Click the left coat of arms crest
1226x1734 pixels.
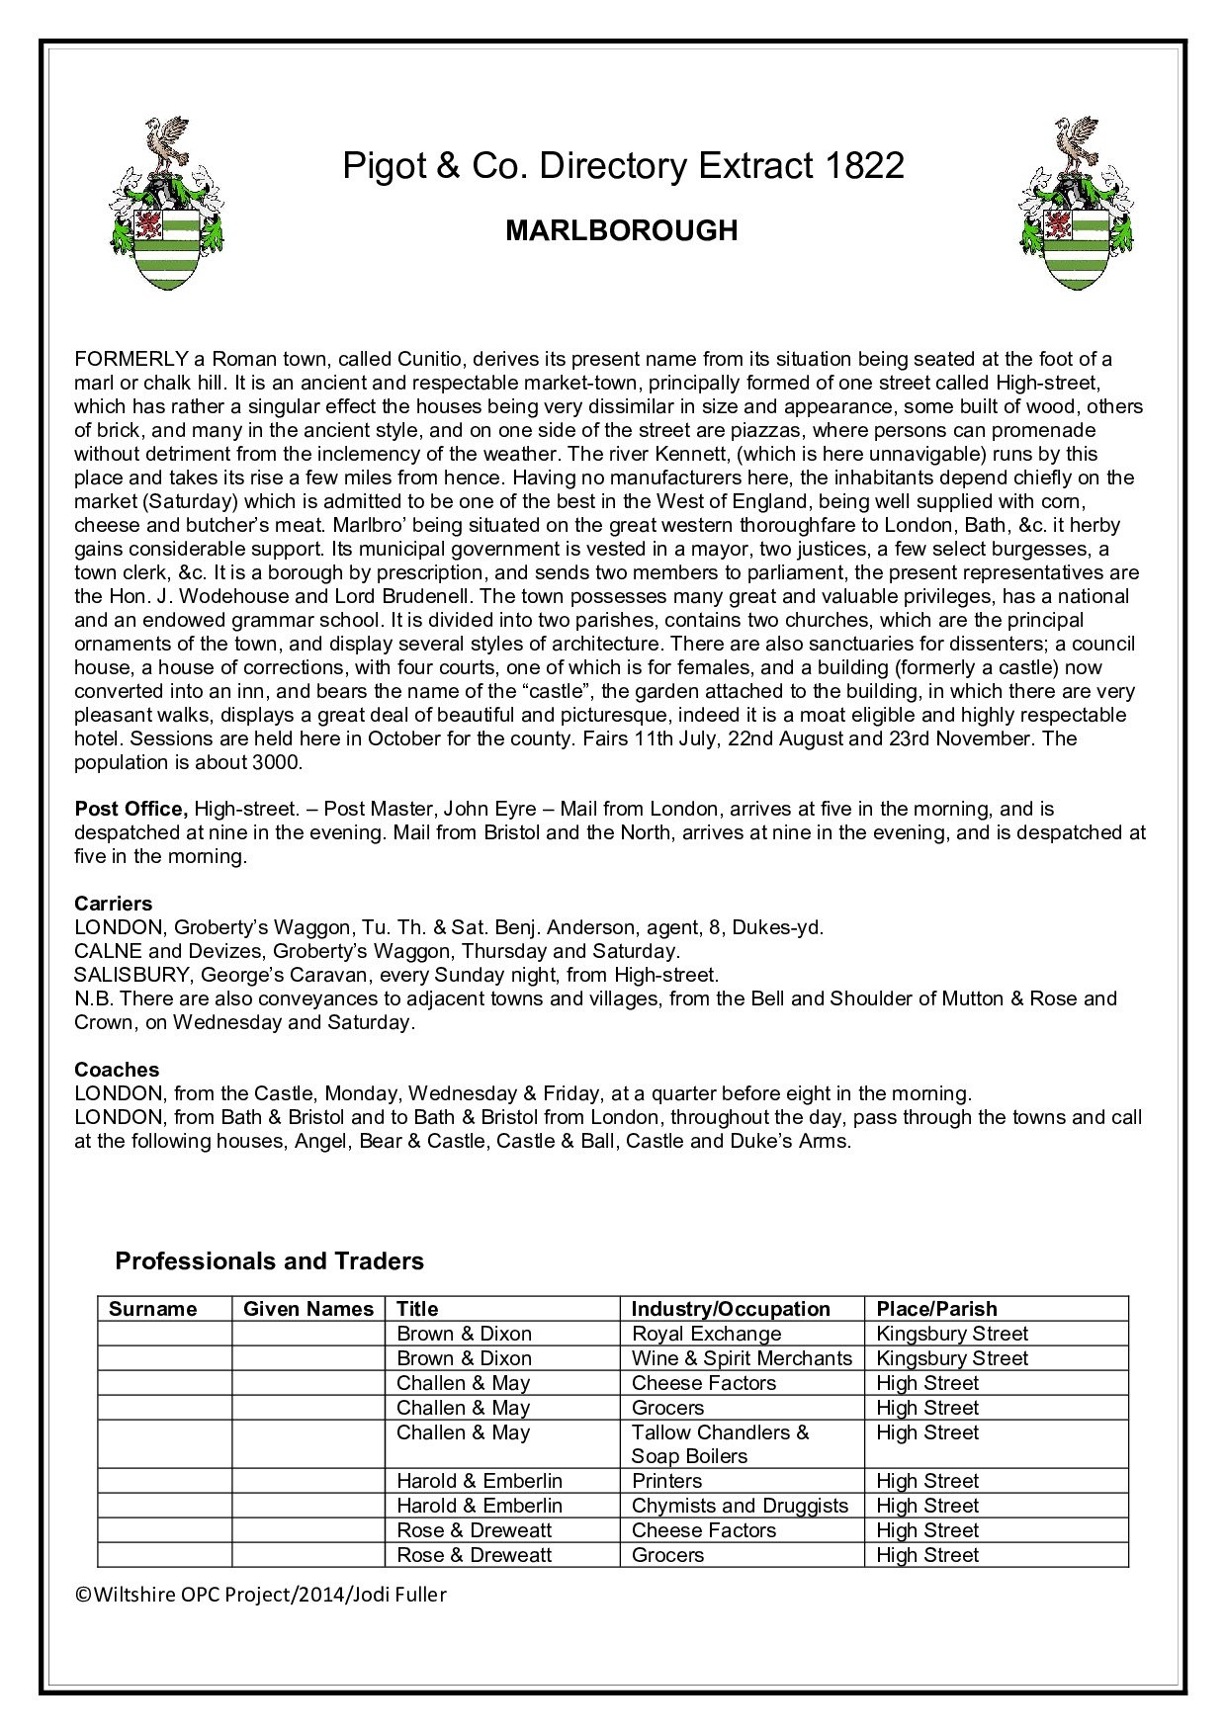click(x=165, y=204)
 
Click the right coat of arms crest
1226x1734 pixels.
click(x=1077, y=204)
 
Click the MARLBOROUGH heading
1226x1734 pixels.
click(x=622, y=230)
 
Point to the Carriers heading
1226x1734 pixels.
click(x=114, y=904)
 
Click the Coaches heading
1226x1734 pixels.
click(x=117, y=1070)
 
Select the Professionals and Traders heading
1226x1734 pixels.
click(x=269, y=1261)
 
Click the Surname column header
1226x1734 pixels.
click(x=153, y=1309)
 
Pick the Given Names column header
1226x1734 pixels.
click(x=308, y=1309)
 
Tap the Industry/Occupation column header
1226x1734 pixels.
click(x=731, y=1309)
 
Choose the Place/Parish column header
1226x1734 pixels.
click(x=936, y=1309)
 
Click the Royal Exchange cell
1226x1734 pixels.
click(x=706, y=1334)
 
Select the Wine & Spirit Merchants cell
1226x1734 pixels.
click(x=742, y=1358)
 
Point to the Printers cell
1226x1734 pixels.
click(x=666, y=1481)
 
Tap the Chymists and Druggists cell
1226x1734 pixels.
click(x=740, y=1506)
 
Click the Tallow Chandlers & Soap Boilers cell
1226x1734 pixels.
click(x=720, y=1444)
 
